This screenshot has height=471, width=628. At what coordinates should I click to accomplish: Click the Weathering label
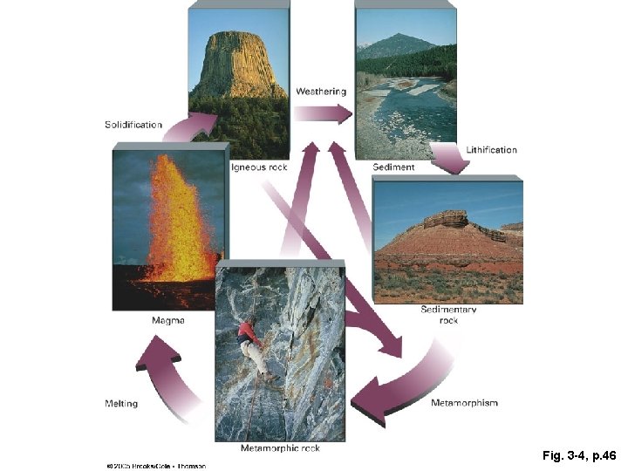(321, 92)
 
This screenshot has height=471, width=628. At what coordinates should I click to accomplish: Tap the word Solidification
(133, 125)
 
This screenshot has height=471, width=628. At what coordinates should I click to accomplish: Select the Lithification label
(491, 150)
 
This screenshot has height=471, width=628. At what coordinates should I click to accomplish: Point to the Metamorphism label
(464, 403)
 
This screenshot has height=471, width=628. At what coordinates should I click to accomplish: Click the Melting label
(121, 404)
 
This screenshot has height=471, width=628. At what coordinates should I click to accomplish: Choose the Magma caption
(167, 321)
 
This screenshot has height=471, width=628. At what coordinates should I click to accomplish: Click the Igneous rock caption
(259, 167)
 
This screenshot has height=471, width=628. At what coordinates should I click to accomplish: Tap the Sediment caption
(393, 167)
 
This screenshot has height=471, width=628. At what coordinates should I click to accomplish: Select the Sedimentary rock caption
(448, 315)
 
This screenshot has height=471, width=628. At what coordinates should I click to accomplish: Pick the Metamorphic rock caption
(280, 448)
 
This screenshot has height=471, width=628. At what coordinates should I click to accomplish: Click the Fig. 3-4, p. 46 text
(578, 455)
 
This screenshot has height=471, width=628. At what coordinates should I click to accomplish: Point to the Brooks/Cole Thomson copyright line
(155, 466)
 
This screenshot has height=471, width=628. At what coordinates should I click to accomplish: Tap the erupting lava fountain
(180, 218)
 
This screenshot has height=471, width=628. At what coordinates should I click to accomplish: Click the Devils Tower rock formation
(238, 65)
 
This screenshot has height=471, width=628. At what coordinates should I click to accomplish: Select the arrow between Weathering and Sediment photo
(322, 113)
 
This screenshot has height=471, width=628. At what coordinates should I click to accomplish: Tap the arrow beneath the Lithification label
(449, 160)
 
